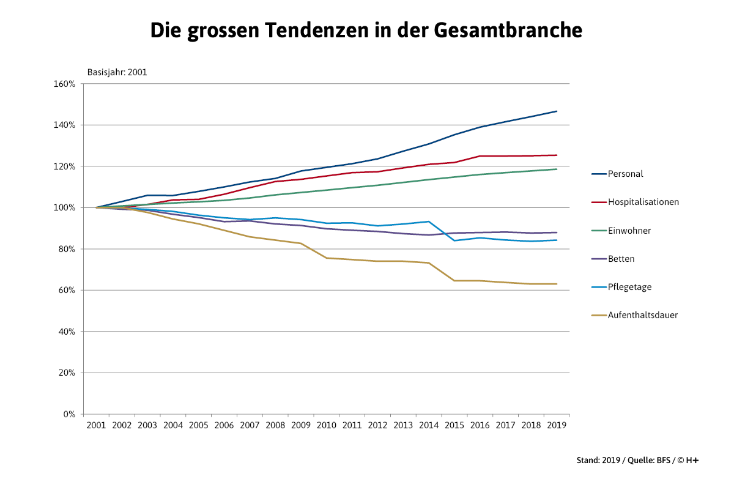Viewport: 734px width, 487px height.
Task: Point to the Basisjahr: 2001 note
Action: click(x=117, y=72)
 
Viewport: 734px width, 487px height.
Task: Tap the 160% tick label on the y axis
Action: click(x=65, y=84)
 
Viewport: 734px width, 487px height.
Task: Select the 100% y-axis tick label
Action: click(x=65, y=208)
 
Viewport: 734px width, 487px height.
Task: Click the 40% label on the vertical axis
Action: click(x=67, y=332)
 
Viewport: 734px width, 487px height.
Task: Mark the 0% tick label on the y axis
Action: click(x=69, y=414)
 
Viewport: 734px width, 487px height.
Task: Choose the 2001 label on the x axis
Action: click(x=97, y=425)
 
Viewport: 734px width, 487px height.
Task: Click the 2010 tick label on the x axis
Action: click(x=326, y=425)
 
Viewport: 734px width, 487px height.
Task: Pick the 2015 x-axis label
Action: click(x=454, y=425)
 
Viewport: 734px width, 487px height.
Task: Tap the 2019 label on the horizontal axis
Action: click(x=556, y=425)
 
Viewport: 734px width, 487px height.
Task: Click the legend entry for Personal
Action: click(x=625, y=174)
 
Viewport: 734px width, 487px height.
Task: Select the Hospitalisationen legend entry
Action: click(x=643, y=202)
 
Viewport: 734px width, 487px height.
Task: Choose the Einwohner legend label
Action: click(x=629, y=231)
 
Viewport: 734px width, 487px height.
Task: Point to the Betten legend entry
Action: click(x=621, y=259)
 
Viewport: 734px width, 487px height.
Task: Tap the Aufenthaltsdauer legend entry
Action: click(x=642, y=315)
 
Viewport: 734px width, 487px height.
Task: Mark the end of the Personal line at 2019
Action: click(x=557, y=111)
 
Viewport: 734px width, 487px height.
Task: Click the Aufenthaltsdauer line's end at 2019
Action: click(x=557, y=284)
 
